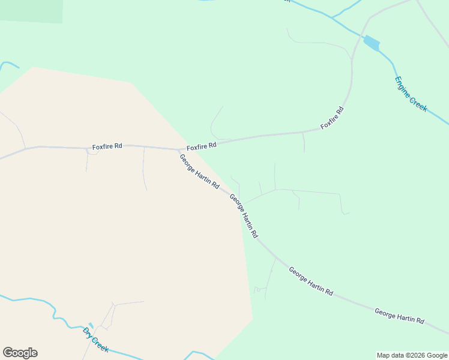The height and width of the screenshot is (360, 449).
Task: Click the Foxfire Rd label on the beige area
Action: pyautogui.click(x=107, y=146)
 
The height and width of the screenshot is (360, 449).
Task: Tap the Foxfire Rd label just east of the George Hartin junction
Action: pyautogui.click(x=201, y=146)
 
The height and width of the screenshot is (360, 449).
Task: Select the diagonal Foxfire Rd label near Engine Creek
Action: pyautogui.click(x=332, y=118)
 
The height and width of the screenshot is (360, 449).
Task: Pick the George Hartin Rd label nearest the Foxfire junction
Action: pyautogui.click(x=199, y=172)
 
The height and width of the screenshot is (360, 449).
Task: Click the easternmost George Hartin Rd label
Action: pyautogui.click(x=399, y=316)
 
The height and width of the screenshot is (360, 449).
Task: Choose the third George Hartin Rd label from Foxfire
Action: pyautogui.click(x=310, y=281)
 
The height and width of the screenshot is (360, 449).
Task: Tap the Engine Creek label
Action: pyautogui.click(x=411, y=94)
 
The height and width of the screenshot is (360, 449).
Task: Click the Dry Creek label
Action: pyautogui.click(x=95, y=340)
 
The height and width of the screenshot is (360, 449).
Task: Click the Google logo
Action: pyautogui.click(x=20, y=353)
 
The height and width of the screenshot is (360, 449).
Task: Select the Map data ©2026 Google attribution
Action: pyautogui.click(x=412, y=355)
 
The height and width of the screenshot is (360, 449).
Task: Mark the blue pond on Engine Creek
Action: pyautogui.click(x=372, y=43)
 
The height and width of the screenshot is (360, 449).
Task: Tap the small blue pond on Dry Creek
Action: pyautogui.click(x=91, y=325)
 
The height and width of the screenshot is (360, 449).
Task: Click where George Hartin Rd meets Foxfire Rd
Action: pyautogui.click(x=179, y=150)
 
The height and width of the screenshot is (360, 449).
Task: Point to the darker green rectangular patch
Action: pyautogui.click(x=31, y=11)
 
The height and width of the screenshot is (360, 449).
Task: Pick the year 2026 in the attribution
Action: pyautogui.click(x=417, y=355)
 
